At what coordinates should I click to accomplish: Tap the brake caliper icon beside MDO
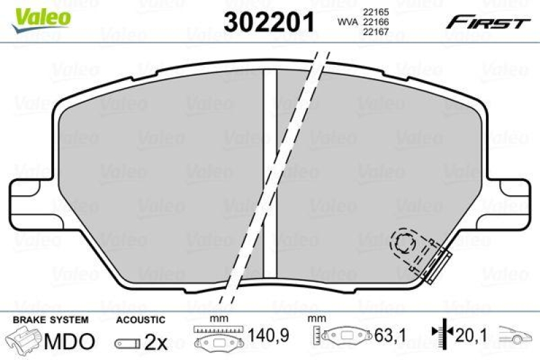coord(24,341)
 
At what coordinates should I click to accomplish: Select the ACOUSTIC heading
coord(140,319)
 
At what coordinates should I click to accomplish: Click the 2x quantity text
coord(155,342)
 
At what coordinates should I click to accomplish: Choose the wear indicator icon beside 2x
coord(128,343)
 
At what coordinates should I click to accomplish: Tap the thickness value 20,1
coord(473,334)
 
